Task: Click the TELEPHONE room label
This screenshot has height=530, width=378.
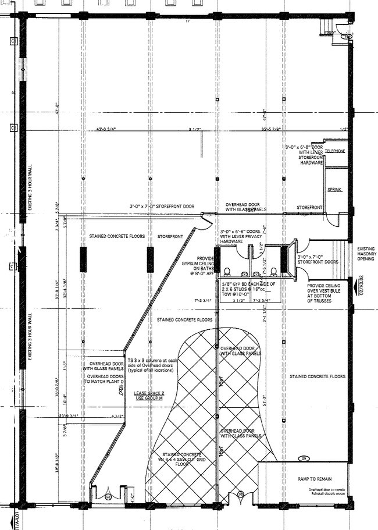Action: (x=335, y=151)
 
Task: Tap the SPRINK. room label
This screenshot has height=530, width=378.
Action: (x=334, y=190)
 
